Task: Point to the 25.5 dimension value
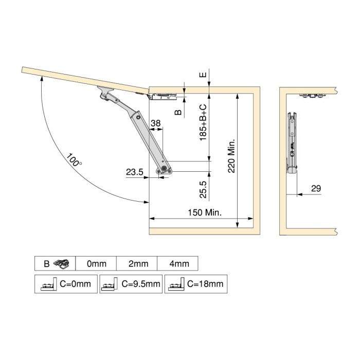tap(203, 189)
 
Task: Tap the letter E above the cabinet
tap(204, 74)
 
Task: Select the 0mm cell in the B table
tap(96, 264)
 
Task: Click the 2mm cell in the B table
tap(138, 264)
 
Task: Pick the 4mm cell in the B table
tap(178, 264)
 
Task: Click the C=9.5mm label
tap(139, 283)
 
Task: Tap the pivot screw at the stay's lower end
tap(164, 168)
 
